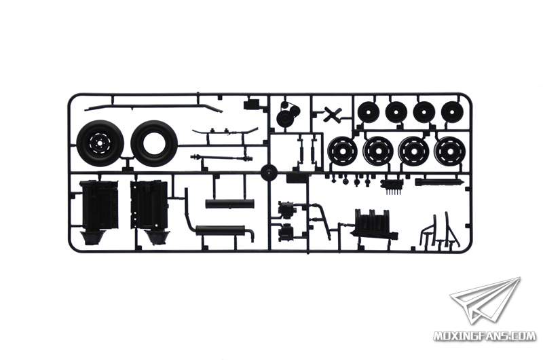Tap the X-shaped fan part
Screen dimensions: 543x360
[x=333, y=115]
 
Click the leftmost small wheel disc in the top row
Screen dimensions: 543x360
[x=369, y=111]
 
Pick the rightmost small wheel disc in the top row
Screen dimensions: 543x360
[x=452, y=111]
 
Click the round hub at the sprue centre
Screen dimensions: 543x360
[x=269, y=173]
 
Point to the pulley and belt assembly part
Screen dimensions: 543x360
[x=288, y=115]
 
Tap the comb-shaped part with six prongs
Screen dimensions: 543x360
[x=392, y=185]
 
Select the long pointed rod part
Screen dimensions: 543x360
[x=439, y=181]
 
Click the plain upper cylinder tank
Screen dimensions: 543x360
[x=229, y=204]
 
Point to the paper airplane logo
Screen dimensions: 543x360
[x=485, y=299]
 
